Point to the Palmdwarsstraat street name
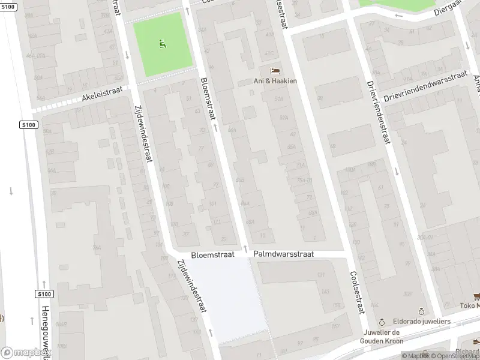pyautogui.click(x=283, y=254)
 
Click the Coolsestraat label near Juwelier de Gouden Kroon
pyautogui.click(x=357, y=292)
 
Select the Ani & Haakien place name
pyautogui.click(x=274, y=81)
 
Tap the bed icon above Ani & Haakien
pyautogui.click(x=274, y=71)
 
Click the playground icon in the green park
pyautogui.click(x=162, y=43)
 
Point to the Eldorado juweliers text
pyautogui.click(x=422, y=322)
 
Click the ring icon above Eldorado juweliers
pyautogui.click(x=422, y=312)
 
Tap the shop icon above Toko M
pyautogui.click(x=476, y=296)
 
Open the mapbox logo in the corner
pyautogui.click(x=24, y=353)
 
